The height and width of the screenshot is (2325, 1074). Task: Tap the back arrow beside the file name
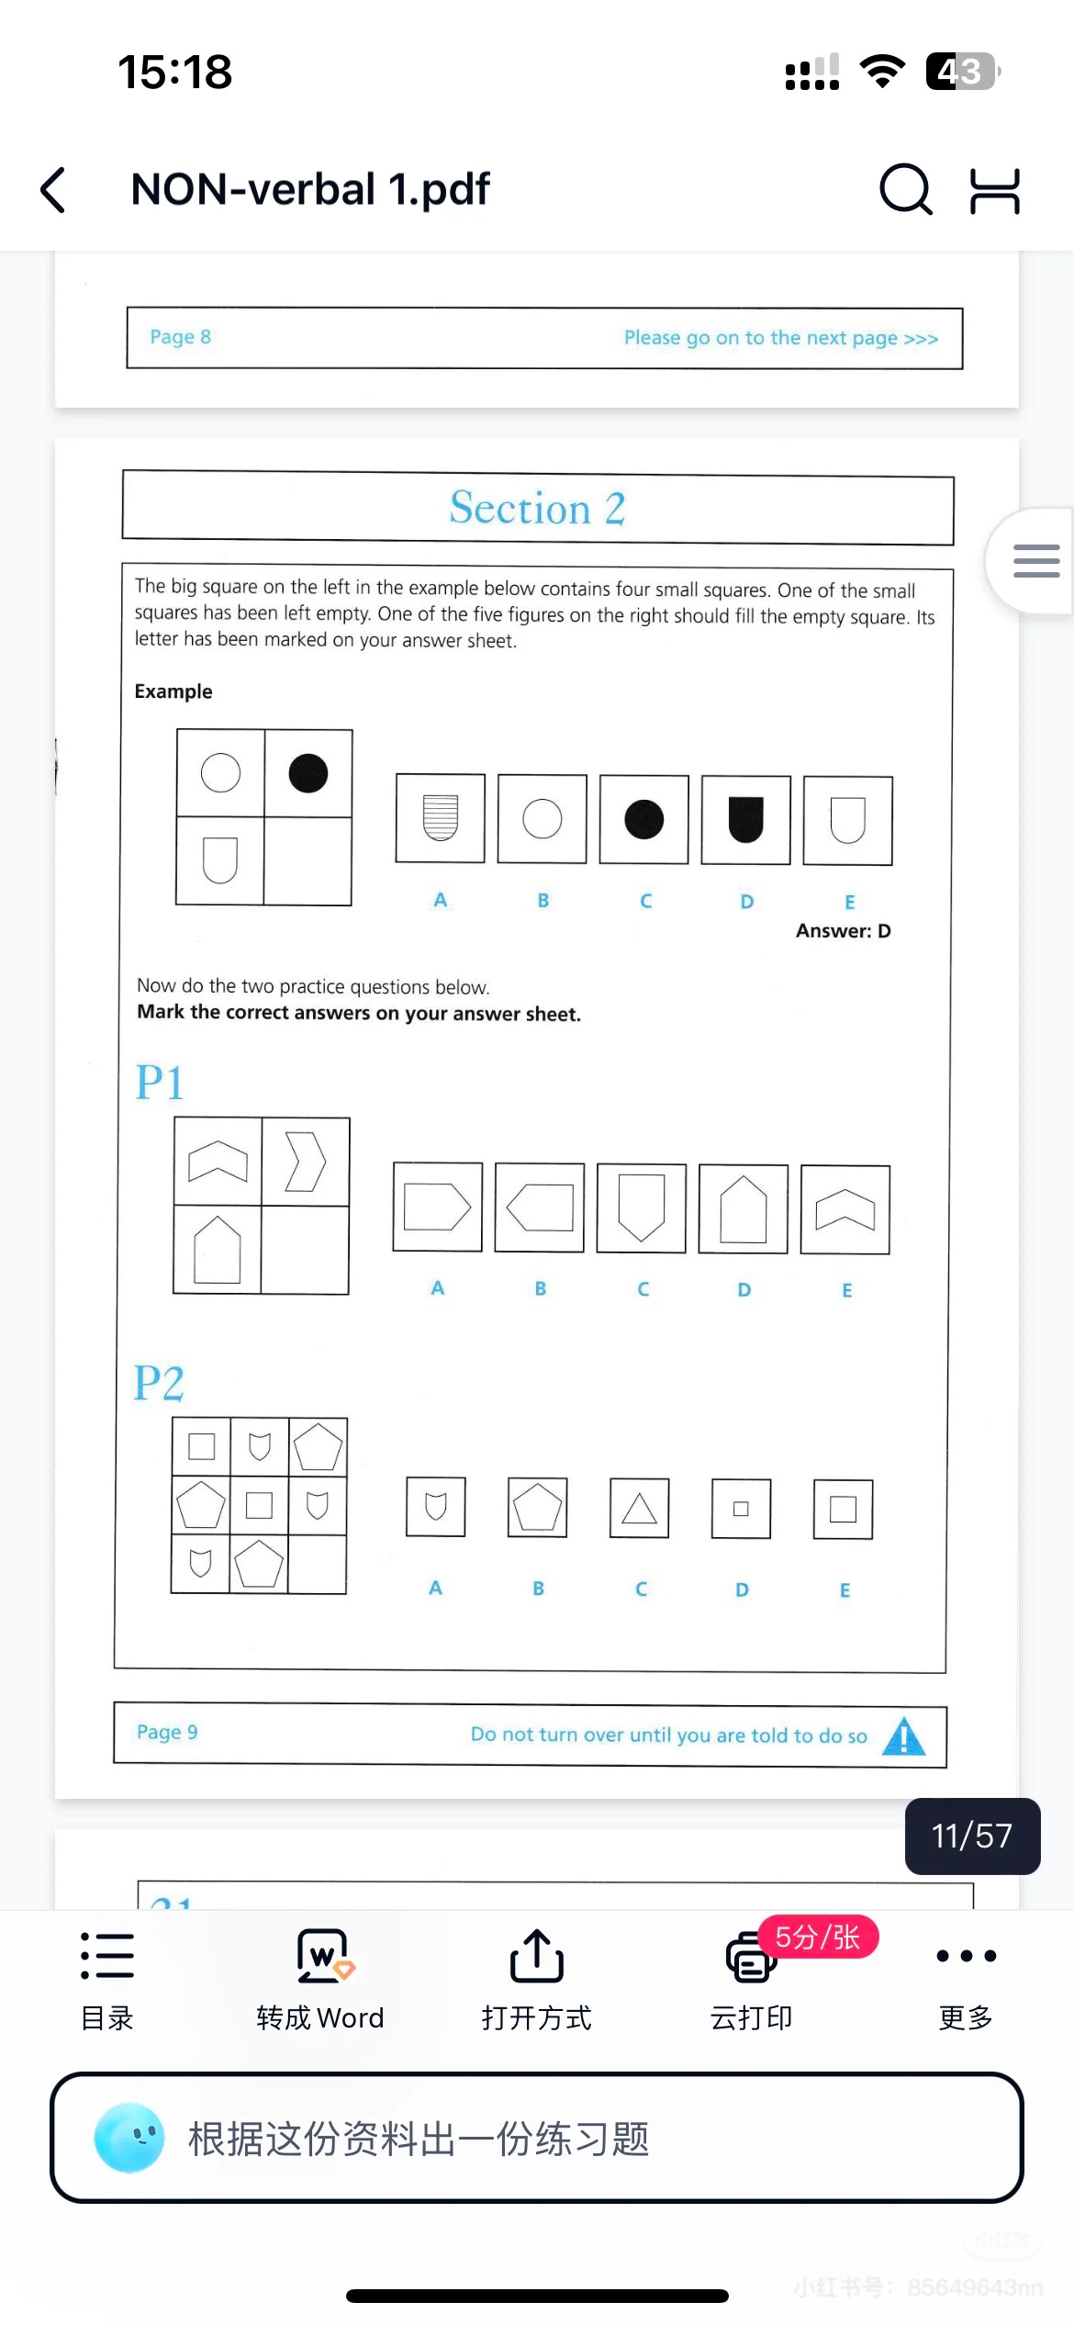(x=53, y=190)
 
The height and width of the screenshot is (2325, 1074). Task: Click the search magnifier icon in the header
(x=906, y=189)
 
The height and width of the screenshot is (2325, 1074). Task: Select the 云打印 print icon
(x=750, y=1957)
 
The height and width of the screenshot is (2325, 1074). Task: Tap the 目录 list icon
(x=107, y=1955)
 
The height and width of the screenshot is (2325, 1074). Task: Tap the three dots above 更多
(x=966, y=1956)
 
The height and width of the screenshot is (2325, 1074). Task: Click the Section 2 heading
(x=537, y=508)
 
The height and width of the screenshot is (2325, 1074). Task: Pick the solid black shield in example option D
(x=745, y=819)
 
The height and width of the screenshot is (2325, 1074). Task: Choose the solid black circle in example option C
(x=643, y=819)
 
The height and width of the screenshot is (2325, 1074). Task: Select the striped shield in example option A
(x=440, y=817)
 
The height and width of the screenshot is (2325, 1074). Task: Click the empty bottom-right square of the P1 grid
(x=305, y=1250)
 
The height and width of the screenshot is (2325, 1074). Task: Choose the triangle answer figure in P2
(x=639, y=1508)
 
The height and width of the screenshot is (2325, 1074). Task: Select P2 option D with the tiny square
(x=741, y=1508)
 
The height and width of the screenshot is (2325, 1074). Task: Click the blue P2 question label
(x=159, y=1382)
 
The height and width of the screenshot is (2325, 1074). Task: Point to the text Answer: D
(x=843, y=931)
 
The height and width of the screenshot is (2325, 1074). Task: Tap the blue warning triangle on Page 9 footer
(x=904, y=1735)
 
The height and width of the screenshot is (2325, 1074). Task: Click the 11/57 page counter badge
(x=972, y=1836)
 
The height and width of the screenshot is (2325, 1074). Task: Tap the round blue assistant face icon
(x=129, y=2138)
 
